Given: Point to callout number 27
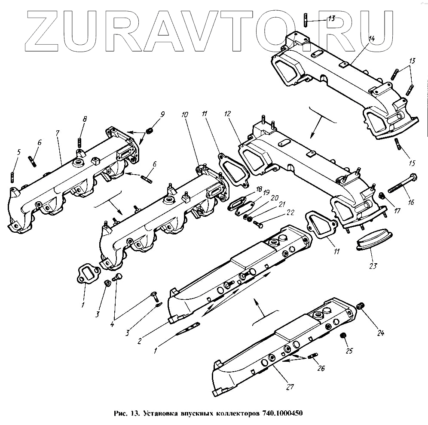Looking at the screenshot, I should click(290, 387).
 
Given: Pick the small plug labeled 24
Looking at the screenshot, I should click(361, 305).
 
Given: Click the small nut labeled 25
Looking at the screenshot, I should click(343, 336).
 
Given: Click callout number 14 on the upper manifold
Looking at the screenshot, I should click(371, 38).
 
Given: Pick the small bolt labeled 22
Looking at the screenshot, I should click(257, 223).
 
